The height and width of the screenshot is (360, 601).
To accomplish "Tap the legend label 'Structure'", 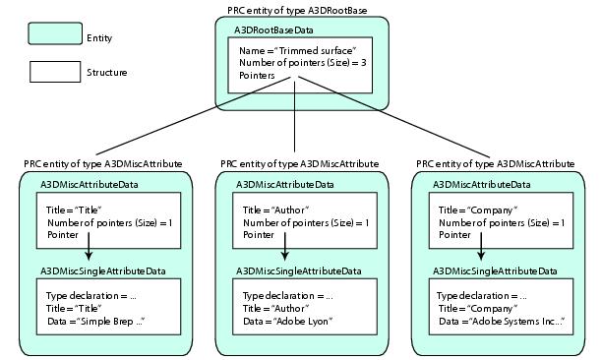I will (x=106, y=72).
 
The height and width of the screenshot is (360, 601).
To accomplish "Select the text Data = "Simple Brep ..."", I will (x=95, y=321).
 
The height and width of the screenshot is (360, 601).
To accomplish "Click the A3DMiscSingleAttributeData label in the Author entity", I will (x=299, y=270).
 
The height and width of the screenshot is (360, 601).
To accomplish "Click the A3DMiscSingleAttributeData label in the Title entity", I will (x=102, y=270).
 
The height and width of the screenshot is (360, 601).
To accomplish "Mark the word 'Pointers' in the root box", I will (x=259, y=75).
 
